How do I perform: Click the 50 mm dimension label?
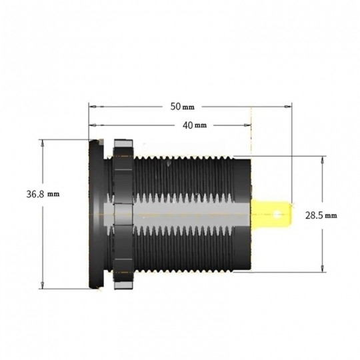pos(182,107)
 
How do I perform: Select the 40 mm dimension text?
pos(195,125)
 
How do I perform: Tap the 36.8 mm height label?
pos(43,194)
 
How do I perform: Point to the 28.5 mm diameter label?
pos(321,215)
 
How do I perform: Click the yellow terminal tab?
pos(272,213)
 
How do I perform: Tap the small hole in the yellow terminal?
pos(277,215)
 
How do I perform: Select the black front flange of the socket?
pos(96,214)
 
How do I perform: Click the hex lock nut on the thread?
pos(123,214)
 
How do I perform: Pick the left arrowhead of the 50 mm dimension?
pos(93,107)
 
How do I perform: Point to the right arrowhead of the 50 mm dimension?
pos(288,107)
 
